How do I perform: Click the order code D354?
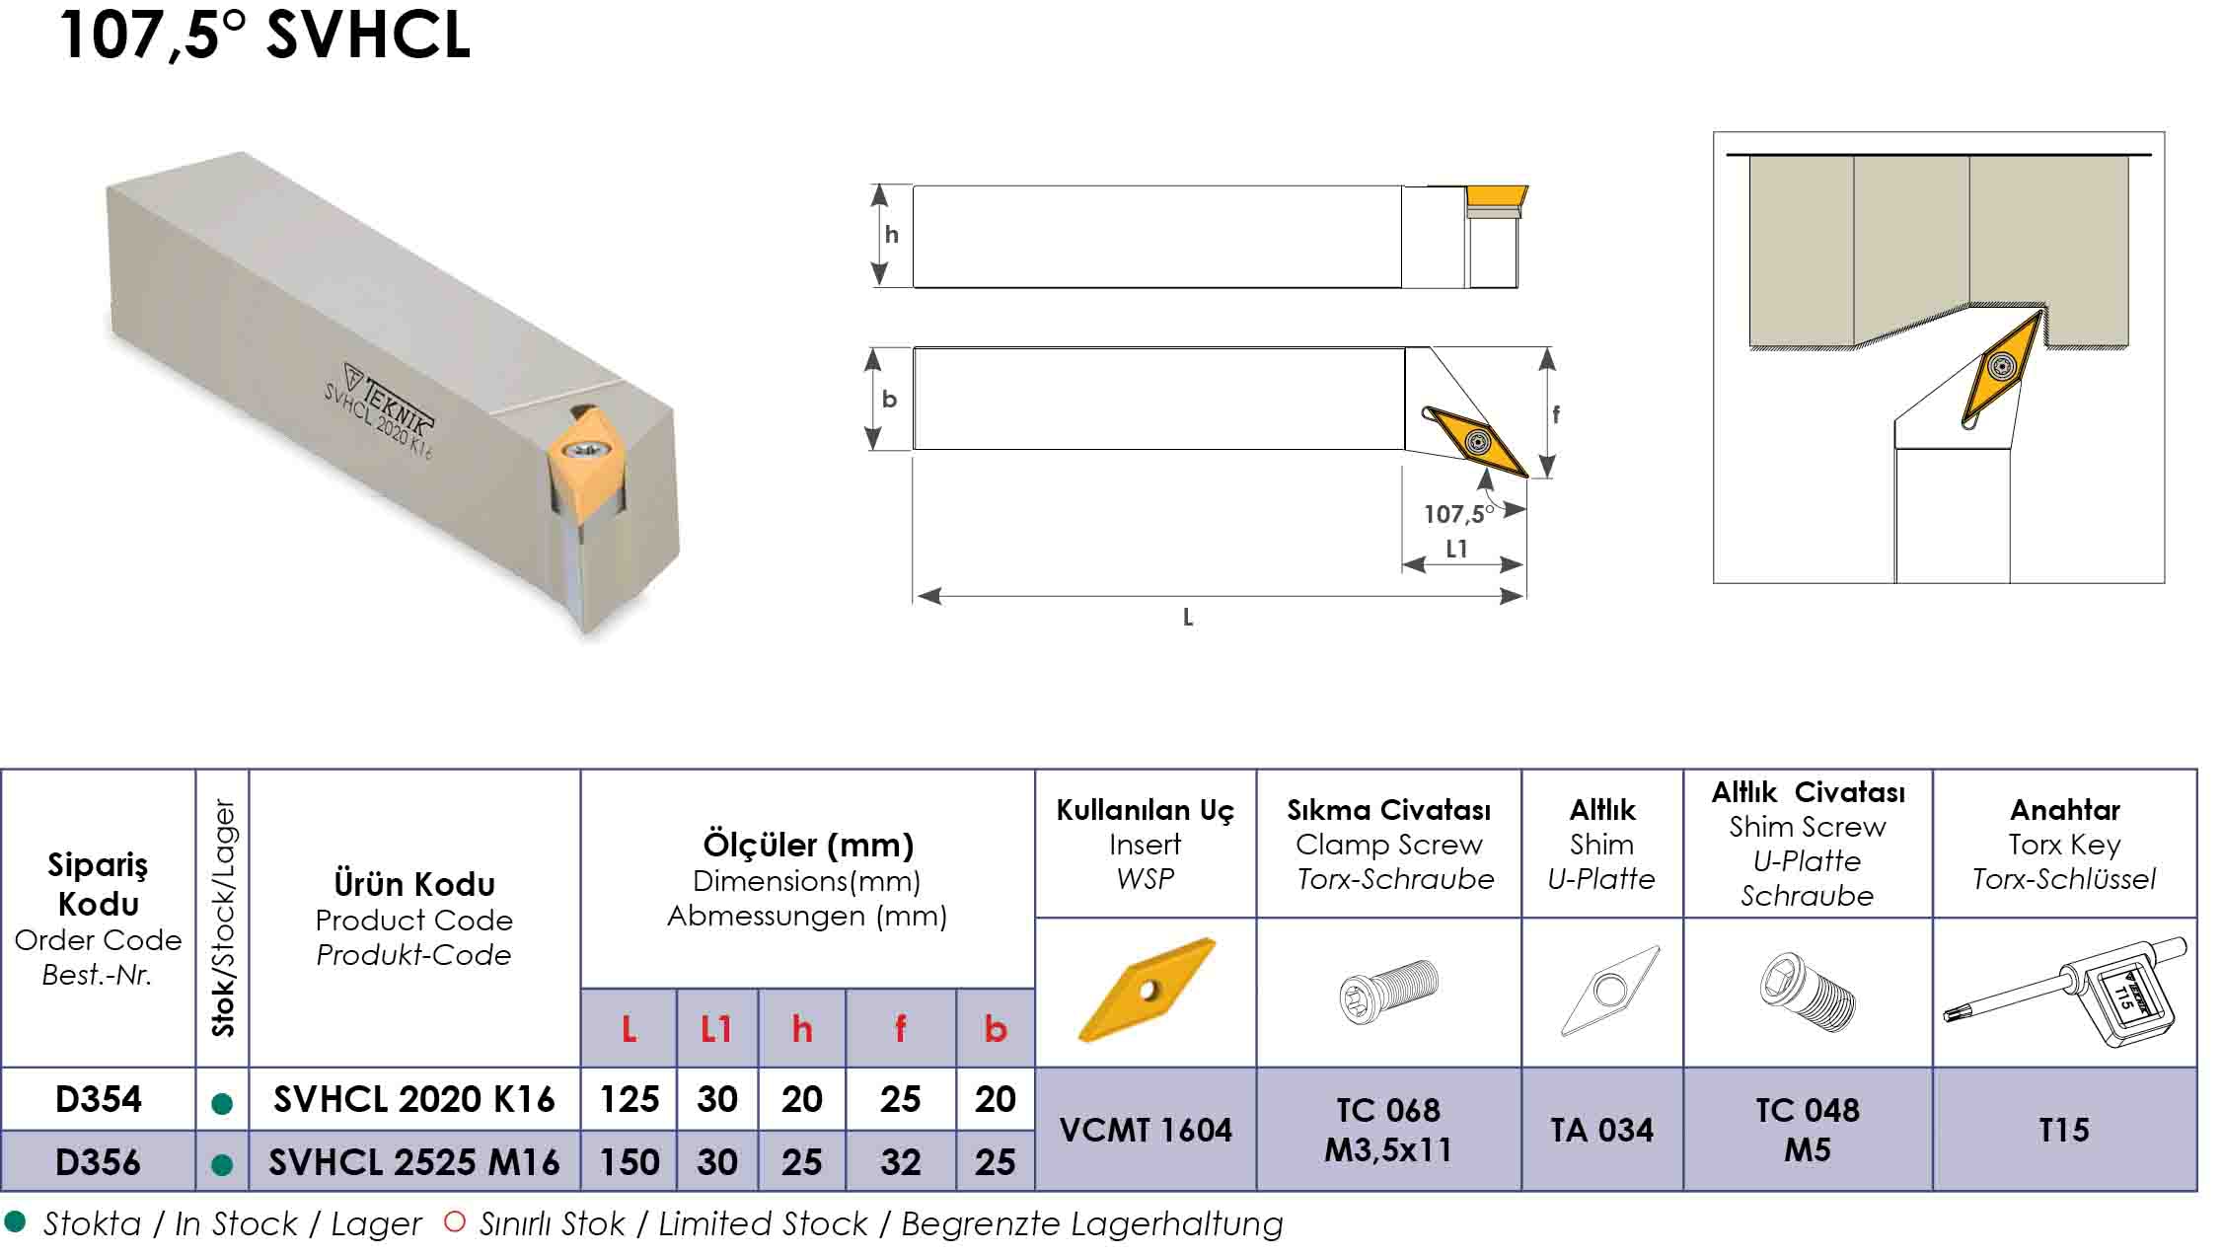pos(98,1099)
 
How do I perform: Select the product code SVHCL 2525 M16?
pos(414,1162)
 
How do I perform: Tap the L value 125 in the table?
pos(630,1099)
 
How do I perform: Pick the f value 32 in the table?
pos(900,1162)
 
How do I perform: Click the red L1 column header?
pos(716,1030)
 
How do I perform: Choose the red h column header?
pos(801,1030)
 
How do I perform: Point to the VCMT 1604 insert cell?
pos(1146,1130)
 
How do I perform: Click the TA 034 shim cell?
pos(1601,1130)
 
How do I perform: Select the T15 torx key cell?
pos(2064,1130)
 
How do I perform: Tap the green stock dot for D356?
pos(222,1165)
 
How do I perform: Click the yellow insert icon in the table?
pos(1146,990)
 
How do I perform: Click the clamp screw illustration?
pos(1389,991)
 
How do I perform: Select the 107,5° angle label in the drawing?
pos(1455,514)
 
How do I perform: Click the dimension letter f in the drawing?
pos(1556,414)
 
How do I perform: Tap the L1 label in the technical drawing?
pos(1456,550)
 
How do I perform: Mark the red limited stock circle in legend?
pos(455,1222)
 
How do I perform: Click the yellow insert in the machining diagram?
pos(2002,368)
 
